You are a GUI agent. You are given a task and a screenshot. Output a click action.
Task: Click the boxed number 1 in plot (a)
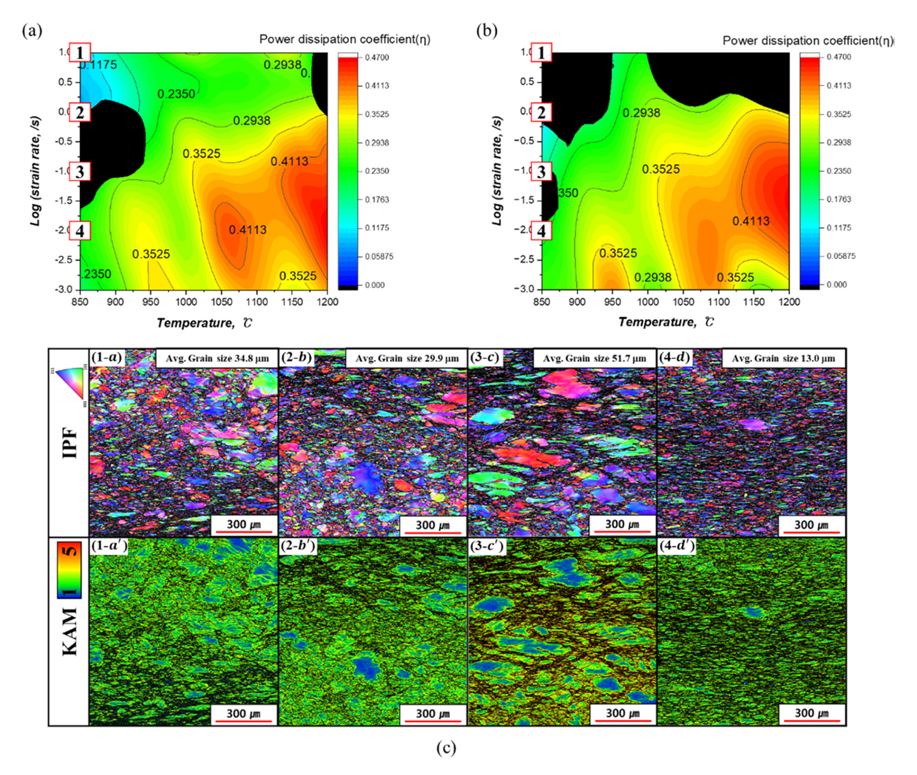(80, 53)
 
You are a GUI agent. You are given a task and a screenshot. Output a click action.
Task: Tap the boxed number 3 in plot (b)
(542, 171)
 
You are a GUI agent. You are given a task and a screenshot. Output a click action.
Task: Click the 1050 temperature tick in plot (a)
(222, 302)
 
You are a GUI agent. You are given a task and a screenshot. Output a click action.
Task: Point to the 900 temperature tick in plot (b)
(577, 302)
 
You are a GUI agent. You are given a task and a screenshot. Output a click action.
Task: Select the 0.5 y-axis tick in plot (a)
(65, 82)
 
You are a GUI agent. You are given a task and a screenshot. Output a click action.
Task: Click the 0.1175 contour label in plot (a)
(98, 65)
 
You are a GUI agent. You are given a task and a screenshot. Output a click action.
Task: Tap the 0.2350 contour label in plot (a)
(176, 94)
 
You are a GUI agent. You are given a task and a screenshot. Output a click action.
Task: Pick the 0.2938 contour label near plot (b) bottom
(652, 277)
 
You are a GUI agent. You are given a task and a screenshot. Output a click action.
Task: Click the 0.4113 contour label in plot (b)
(751, 221)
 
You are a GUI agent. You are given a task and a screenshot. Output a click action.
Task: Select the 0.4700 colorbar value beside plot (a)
(376, 57)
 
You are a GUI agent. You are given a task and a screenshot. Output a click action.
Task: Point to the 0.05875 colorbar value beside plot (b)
(840, 256)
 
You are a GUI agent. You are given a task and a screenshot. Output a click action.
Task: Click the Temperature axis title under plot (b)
(665, 322)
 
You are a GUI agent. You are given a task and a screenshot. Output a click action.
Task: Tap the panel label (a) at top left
(31, 30)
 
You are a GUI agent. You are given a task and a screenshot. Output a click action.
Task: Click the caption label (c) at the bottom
(446, 747)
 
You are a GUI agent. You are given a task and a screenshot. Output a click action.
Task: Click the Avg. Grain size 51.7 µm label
(594, 358)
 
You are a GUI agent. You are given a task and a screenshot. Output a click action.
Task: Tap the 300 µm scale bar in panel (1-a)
(243, 525)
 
